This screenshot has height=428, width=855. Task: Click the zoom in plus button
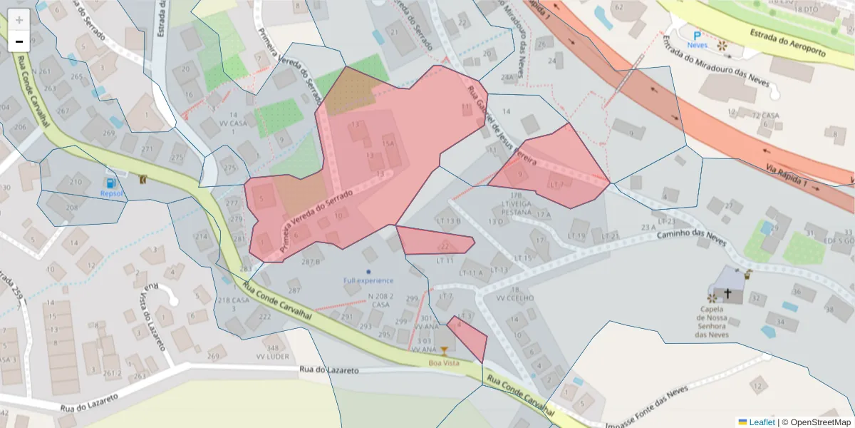tap(19, 20)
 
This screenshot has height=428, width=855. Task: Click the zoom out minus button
tap(19, 41)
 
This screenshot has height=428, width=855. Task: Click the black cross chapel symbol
tap(728, 293)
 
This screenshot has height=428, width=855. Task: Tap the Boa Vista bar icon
tap(445, 350)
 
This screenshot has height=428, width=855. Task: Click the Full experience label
tap(368, 280)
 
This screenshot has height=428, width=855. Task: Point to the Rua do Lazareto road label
tap(329, 370)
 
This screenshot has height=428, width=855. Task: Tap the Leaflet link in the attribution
tap(762, 422)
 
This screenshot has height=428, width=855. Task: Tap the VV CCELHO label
tap(515, 298)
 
